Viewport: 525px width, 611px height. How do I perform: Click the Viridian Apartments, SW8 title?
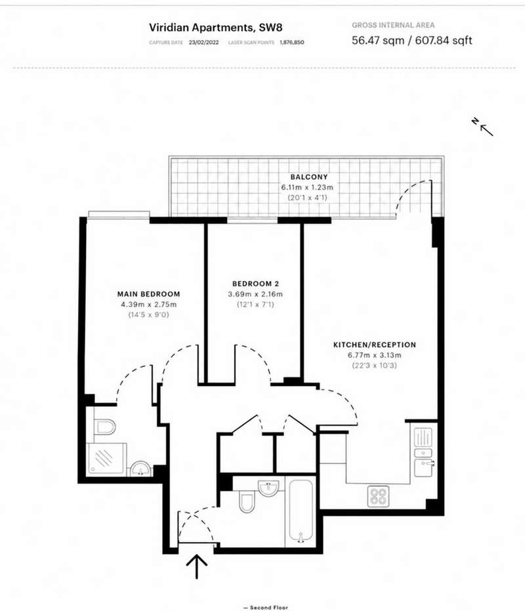215,28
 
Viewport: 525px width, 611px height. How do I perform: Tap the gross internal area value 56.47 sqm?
378,40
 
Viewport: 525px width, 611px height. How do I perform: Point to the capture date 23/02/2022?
204,43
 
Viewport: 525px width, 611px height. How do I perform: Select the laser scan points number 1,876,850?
291,43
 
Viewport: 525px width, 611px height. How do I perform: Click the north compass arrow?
486,131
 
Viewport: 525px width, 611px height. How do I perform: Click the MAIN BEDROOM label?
149,294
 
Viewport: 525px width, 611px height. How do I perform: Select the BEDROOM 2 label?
256,284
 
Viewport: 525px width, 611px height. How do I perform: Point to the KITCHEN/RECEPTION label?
375,345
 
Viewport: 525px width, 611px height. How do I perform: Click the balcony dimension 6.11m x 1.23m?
308,188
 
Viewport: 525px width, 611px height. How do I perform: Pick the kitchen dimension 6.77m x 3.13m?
375,356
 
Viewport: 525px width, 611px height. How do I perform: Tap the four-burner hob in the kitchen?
378,496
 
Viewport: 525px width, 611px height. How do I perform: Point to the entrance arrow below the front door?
197,566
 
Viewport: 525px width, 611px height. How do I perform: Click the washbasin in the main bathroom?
268,487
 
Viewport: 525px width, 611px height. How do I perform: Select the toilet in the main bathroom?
246,502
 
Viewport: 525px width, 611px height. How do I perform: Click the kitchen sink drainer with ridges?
423,437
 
